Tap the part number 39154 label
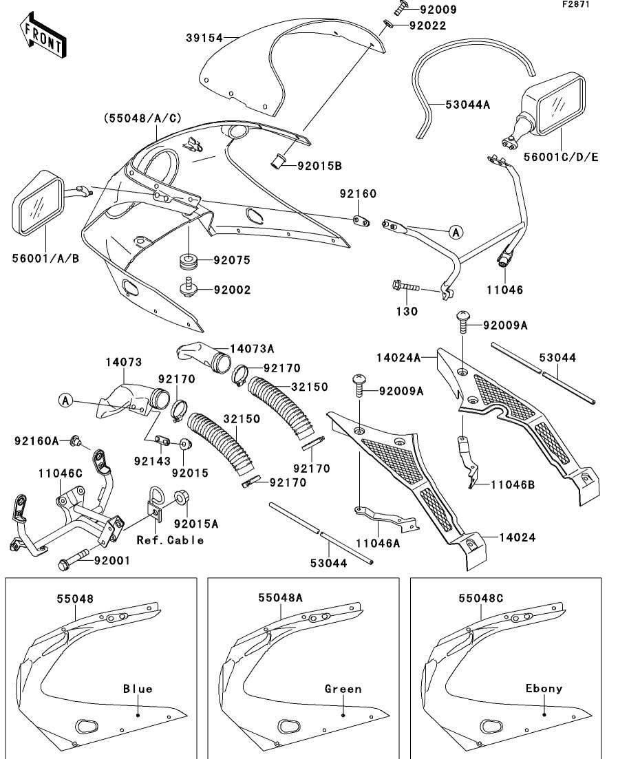(204, 38)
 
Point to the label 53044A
(467, 104)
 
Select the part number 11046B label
(512, 485)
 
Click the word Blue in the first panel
(138, 689)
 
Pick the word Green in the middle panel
(343, 689)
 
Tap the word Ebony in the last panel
(544, 688)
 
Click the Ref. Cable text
(170, 540)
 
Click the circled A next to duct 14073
(66, 400)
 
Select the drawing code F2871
(576, 4)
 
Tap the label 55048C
(481, 598)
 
